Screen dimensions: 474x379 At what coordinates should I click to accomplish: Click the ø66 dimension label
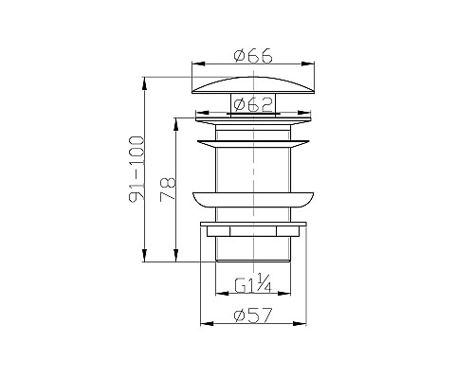pos(253,56)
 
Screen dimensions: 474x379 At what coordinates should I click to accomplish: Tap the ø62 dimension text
pos(253,104)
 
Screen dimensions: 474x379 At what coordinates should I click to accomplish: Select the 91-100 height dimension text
pos(136,169)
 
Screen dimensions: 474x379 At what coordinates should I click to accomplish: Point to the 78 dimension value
pos(168,189)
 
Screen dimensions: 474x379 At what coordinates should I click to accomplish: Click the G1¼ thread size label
pos(253,283)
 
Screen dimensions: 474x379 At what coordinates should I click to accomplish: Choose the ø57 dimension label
pos(253,316)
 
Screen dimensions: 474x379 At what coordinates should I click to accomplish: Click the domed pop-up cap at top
pos(253,85)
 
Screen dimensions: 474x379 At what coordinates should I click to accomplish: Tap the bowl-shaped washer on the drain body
pos(253,200)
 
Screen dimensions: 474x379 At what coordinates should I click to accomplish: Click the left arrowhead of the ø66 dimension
pos(198,63)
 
